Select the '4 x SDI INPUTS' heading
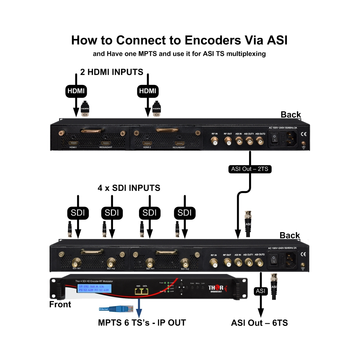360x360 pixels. pyautogui.click(x=129, y=188)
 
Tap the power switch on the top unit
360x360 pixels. pyautogui.click(x=275, y=138)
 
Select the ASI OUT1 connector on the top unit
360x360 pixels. pyautogui.click(x=249, y=142)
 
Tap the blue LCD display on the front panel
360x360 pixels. pyautogui.click(x=95, y=288)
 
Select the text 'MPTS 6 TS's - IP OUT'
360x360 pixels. pyautogui.click(x=142, y=323)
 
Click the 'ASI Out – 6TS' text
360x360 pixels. pyautogui.click(x=259, y=323)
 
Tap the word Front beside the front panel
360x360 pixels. pyautogui.click(x=60, y=305)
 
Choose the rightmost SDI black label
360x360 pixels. pyautogui.click(x=184, y=213)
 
